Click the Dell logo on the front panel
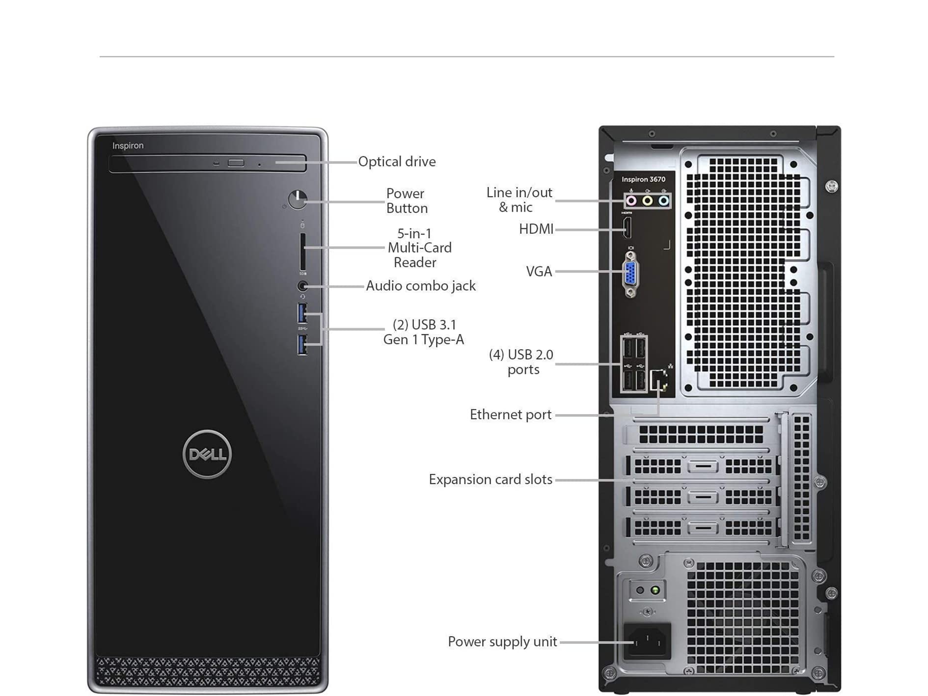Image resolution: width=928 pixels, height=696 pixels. (x=207, y=454)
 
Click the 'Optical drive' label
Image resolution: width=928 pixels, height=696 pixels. (x=397, y=162)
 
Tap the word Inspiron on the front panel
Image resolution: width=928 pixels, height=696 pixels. (x=128, y=145)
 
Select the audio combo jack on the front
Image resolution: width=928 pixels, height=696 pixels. (x=302, y=285)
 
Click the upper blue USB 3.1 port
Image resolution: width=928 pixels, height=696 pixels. (x=302, y=313)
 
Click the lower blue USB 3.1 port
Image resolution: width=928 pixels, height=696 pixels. (x=302, y=344)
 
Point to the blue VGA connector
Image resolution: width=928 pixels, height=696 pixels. (x=631, y=273)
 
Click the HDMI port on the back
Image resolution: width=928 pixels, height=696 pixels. (x=627, y=228)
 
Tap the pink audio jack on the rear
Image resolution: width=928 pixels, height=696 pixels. (x=631, y=200)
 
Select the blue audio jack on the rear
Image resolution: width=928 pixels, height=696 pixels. (x=664, y=200)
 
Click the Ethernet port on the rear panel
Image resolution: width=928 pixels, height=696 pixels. (x=659, y=381)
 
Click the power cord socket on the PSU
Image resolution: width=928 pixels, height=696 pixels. (x=647, y=640)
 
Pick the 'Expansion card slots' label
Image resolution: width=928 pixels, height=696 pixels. (x=490, y=479)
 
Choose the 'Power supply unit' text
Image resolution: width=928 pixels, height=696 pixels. (x=502, y=641)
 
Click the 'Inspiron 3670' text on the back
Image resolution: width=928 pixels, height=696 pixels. (x=643, y=179)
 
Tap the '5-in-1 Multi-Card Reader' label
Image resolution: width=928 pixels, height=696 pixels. (x=419, y=248)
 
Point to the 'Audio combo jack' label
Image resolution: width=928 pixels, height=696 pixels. (x=420, y=286)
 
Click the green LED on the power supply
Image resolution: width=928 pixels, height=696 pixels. (x=655, y=590)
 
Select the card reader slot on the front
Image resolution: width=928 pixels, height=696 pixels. (x=302, y=251)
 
